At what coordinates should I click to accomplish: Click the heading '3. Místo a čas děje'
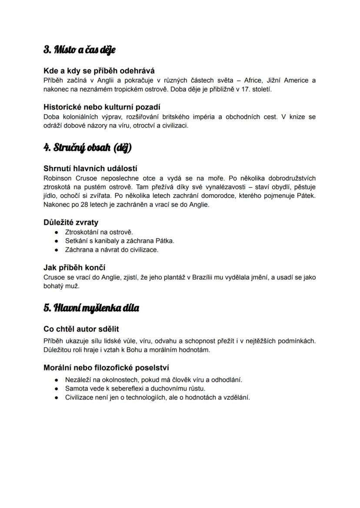click(x=79, y=50)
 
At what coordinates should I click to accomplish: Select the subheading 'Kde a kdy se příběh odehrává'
click(x=99, y=70)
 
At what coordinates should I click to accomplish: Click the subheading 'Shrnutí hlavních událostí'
click(x=90, y=169)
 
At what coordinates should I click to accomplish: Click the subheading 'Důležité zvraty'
click(x=71, y=222)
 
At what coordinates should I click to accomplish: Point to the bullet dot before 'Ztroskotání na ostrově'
click(x=57, y=232)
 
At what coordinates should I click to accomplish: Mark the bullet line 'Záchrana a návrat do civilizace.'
click(x=112, y=250)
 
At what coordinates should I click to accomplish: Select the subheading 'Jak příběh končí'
click(x=74, y=267)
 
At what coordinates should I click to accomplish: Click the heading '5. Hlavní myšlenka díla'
click(x=91, y=308)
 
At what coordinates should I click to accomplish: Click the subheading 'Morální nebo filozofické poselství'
click(x=106, y=368)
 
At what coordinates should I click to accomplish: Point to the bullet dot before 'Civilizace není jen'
click(x=57, y=397)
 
